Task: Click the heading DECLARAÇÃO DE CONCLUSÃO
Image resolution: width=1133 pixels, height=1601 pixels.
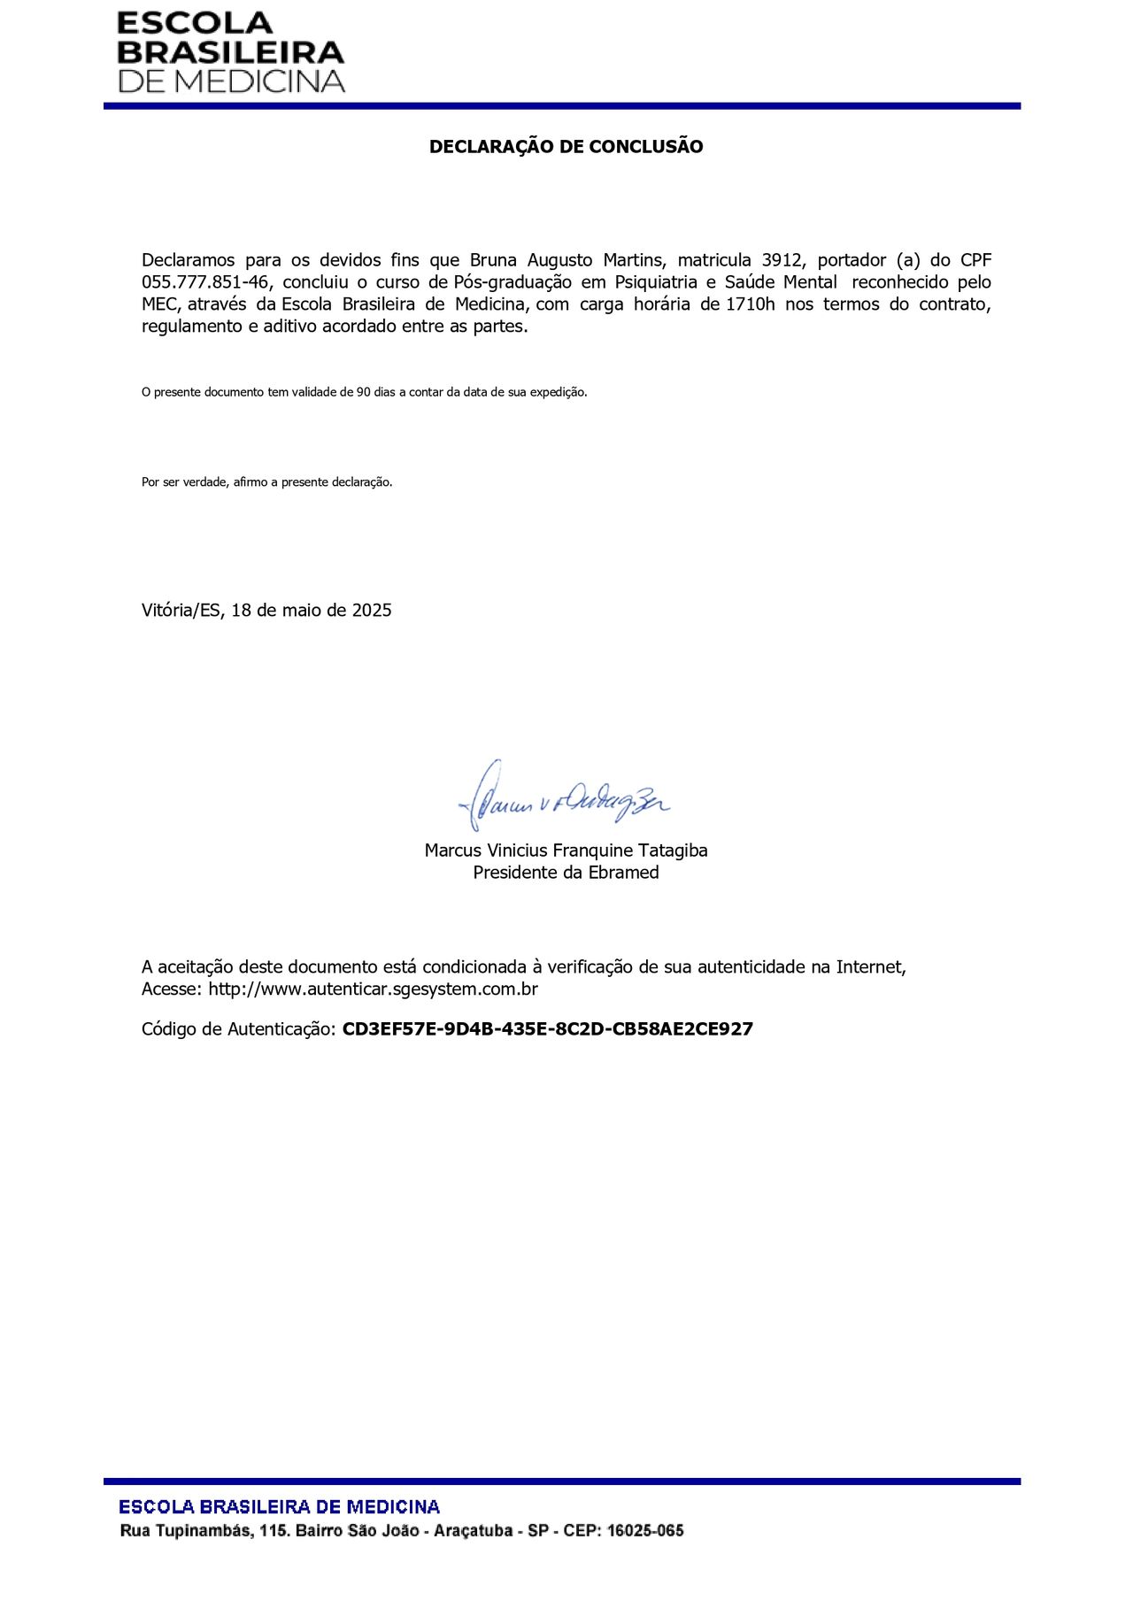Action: [566, 147]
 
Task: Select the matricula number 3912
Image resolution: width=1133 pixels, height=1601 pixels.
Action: [782, 260]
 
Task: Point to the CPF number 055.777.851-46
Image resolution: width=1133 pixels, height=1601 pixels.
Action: [204, 282]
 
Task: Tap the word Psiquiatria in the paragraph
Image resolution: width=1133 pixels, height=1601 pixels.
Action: [656, 282]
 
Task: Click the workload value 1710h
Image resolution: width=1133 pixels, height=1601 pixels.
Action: [750, 304]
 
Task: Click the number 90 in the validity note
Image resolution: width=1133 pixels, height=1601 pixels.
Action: [364, 392]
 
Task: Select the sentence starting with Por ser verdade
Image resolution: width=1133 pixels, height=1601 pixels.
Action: [266, 482]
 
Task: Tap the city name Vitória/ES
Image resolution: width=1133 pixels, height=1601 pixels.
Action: [181, 611]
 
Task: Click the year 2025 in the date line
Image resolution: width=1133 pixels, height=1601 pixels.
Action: [372, 611]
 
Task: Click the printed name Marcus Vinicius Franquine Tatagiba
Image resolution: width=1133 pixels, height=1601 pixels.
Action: [566, 851]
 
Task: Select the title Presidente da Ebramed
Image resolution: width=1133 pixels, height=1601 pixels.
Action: [566, 873]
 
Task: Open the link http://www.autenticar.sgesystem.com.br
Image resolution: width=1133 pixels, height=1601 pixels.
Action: [373, 989]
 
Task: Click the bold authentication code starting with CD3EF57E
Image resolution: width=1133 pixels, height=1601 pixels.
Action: [547, 1029]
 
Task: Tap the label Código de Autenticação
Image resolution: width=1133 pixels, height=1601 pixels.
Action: [238, 1029]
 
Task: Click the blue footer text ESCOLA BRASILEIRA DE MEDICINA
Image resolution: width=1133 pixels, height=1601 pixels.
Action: [280, 1507]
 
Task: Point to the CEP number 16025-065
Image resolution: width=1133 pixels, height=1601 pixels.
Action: [645, 1531]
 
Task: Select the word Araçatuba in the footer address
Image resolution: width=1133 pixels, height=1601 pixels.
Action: [474, 1531]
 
